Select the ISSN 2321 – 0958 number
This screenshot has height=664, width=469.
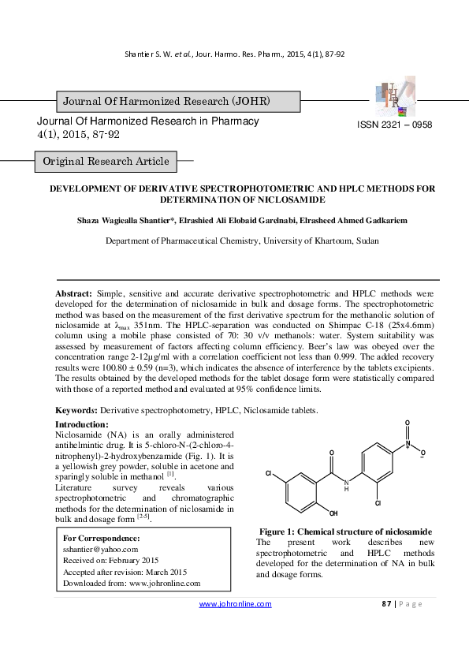pos(395,125)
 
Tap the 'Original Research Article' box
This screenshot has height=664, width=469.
pos(106,162)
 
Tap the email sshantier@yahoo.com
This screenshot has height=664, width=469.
pos(100,549)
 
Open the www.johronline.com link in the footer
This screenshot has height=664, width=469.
pos(235,604)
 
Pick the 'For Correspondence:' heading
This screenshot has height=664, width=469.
pos(100,538)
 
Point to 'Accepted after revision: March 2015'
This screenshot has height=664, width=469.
pos(125,572)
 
